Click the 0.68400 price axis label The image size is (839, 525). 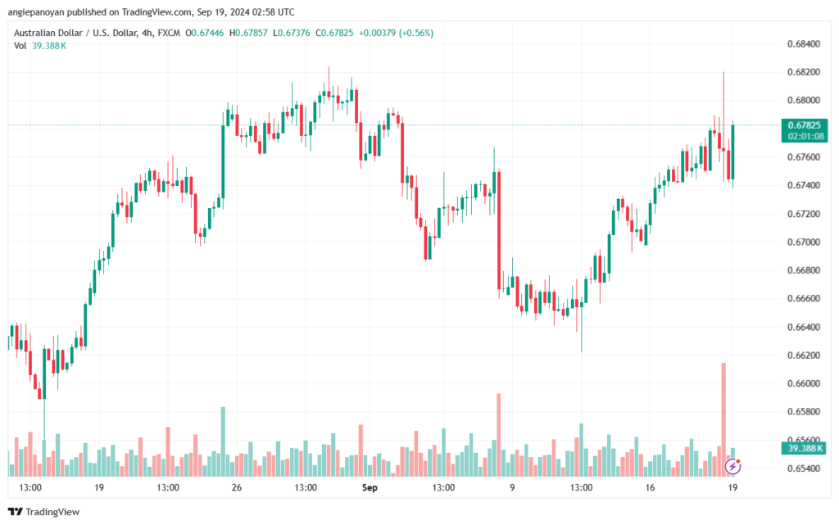(803, 43)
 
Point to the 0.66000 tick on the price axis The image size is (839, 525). (803, 383)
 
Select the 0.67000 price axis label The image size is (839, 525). (803, 242)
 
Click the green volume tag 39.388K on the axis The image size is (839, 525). (803, 449)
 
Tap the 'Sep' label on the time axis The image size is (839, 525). (370, 487)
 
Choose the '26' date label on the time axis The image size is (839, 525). (236, 487)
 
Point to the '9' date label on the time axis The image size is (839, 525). (512, 487)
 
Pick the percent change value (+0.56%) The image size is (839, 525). (415, 33)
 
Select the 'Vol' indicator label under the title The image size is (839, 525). (20, 46)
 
